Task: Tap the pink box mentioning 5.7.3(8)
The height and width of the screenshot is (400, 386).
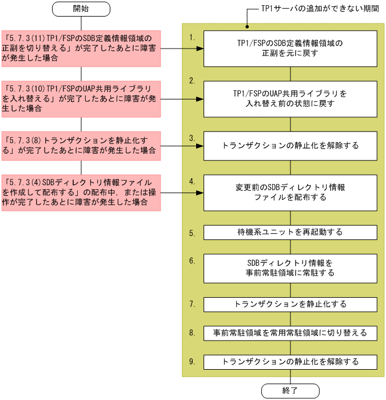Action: click(81, 145)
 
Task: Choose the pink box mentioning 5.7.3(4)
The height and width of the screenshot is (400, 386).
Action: click(81, 193)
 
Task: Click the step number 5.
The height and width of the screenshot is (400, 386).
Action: click(192, 233)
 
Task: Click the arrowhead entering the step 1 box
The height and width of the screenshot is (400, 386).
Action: click(202, 49)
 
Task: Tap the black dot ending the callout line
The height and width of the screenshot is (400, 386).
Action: click(246, 26)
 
